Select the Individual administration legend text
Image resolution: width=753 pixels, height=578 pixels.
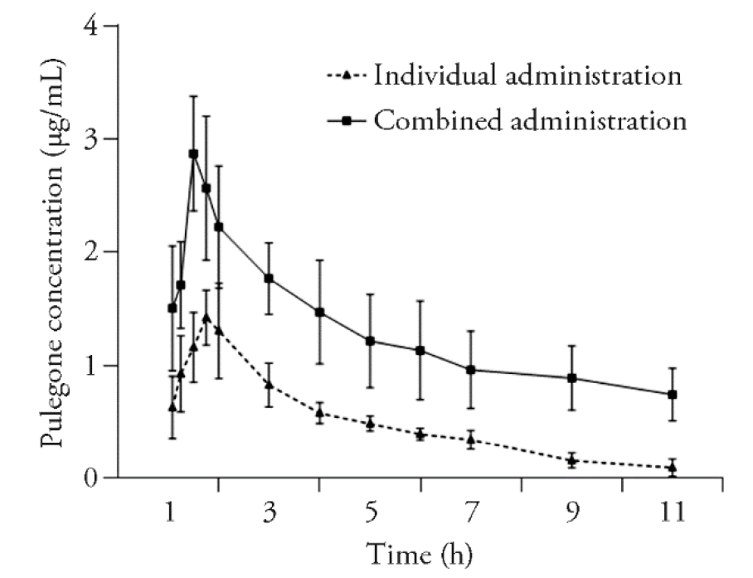(528, 77)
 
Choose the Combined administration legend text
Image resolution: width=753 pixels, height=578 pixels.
(531, 121)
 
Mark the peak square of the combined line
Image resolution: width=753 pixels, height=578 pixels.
(193, 154)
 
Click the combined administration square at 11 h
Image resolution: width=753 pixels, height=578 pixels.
(672, 395)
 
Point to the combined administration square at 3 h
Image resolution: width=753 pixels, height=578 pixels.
(269, 278)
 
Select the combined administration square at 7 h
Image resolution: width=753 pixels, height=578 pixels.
(470, 370)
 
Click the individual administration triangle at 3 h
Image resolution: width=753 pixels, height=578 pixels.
(269, 384)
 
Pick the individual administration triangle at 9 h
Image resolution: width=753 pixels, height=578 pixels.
(571, 460)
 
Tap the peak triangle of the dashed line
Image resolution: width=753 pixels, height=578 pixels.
(206, 317)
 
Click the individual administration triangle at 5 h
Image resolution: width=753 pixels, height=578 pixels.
(370, 424)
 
